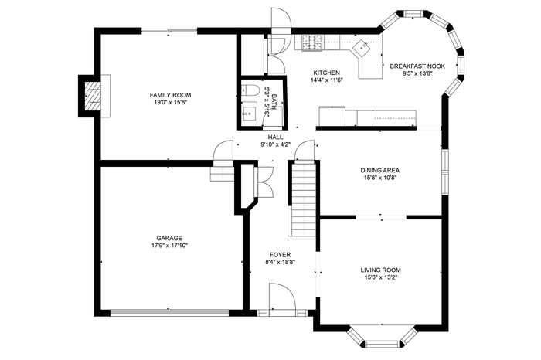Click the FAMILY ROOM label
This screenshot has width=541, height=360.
tap(170, 95)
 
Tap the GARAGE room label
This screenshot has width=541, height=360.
tap(169, 238)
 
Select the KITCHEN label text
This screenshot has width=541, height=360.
tap(326, 73)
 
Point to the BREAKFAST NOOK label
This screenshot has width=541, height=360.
tap(417, 66)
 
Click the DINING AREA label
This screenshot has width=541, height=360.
tap(380, 171)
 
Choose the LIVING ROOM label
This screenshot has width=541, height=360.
tap(380, 270)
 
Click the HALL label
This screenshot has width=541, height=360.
tap(275, 138)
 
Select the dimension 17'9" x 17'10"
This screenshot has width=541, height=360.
tap(169, 246)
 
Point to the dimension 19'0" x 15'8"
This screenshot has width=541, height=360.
tap(170, 103)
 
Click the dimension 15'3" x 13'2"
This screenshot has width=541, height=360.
tap(380, 277)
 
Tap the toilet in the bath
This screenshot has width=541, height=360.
tap(250, 90)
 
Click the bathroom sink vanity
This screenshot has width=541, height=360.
tap(250, 111)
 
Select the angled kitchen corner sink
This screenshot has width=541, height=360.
tap(361, 47)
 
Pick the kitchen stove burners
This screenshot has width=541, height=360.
tap(312, 43)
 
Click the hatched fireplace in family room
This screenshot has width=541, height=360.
tap(93, 97)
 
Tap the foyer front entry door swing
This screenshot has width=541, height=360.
tap(282, 296)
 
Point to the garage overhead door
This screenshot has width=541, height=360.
tap(169, 313)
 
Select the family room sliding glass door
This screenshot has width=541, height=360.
tap(169, 31)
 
